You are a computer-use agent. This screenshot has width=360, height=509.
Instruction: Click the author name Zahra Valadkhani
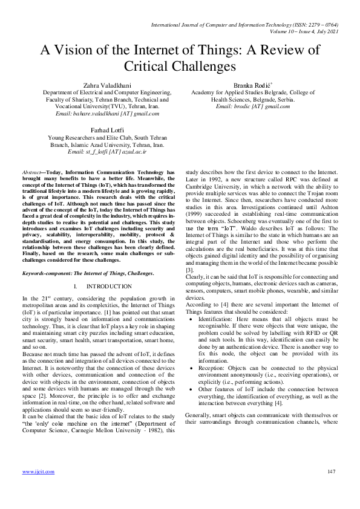99,86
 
